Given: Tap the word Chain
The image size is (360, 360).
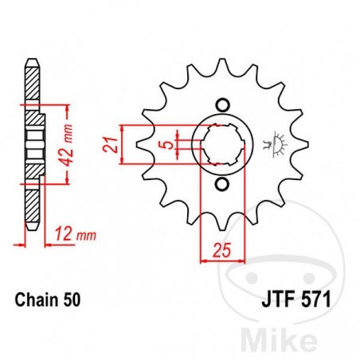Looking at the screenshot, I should [35, 302].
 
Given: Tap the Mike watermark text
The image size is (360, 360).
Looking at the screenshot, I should [319, 338].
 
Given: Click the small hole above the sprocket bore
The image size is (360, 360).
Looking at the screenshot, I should [223, 104].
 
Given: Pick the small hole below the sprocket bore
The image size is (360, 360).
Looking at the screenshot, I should [223, 185].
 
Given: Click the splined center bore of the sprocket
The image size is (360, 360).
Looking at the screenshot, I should [222, 144].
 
